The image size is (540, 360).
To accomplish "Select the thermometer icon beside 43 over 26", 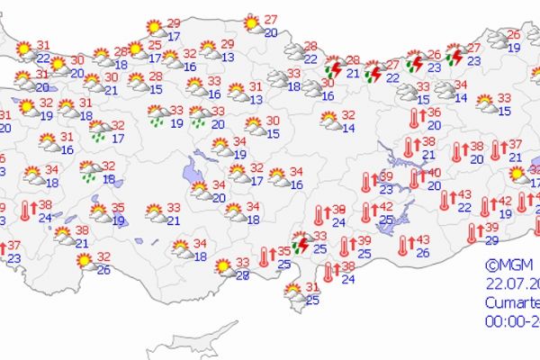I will click(x=403, y=243).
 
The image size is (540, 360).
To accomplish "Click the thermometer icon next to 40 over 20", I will click(x=416, y=178).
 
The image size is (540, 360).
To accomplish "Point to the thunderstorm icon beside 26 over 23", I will click(x=415, y=61).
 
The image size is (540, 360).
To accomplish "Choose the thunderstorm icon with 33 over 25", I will click(x=300, y=242).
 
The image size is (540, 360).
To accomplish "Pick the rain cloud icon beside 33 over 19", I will click(x=156, y=115).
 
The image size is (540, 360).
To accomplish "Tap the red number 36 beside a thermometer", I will click(x=434, y=112).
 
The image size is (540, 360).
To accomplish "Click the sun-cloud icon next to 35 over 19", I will click(x=95, y=213).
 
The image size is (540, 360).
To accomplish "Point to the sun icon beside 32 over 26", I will click(x=85, y=262).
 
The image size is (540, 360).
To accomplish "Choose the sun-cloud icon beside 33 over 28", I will click(x=223, y=267).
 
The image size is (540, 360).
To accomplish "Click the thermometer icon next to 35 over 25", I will click(x=265, y=257).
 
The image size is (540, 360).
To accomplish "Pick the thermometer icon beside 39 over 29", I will click(x=472, y=233).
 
